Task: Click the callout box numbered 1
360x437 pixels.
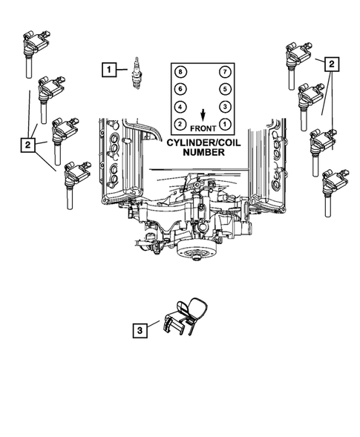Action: coord(109,70)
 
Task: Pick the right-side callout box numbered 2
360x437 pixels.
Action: coord(331,64)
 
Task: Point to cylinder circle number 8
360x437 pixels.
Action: coord(180,72)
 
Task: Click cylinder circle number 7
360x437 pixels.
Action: coord(223,72)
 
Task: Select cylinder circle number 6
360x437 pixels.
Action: coord(180,89)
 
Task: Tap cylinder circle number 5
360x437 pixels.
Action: coord(223,89)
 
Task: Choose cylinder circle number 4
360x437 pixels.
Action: coord(180,106)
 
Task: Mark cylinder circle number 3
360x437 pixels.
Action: coord(223,106)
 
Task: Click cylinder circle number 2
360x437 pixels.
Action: coord(180,123)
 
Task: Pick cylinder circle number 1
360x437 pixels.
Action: coord(223,123)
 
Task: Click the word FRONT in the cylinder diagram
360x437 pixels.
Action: coord(202,127)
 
